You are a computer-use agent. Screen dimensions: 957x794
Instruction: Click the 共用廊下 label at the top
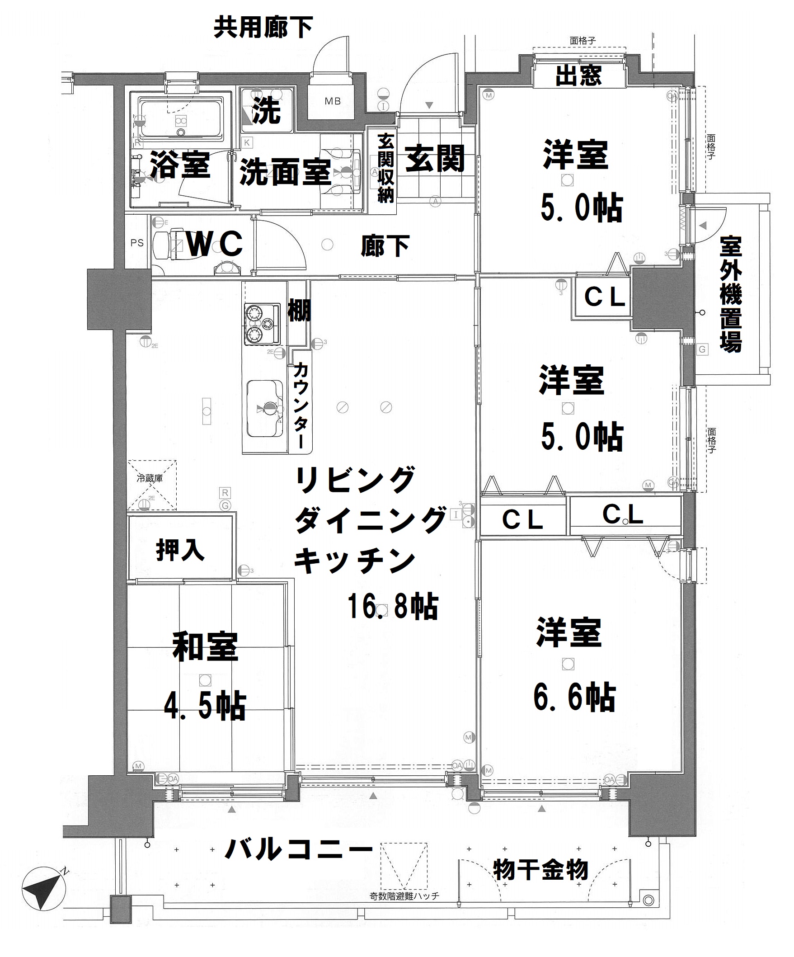(x=263, y=27)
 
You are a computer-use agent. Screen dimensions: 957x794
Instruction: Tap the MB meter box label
(x=332, y=101)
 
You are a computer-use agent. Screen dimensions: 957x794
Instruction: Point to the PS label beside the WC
(x=136, y=243)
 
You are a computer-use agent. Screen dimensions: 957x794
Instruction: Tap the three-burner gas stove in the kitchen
(x=262, y=324)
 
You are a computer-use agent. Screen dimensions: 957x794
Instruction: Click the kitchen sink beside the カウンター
(x=265, y=407)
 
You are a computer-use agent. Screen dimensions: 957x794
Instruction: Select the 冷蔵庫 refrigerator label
(x=150, y=478)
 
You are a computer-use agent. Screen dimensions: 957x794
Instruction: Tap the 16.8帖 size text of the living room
(x=393, y=606)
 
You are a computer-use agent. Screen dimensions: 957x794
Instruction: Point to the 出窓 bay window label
(x=578, y=75)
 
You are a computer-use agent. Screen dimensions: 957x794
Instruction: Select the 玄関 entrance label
(x=435, y=158)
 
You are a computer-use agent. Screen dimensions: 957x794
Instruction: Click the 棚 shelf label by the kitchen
(x=299, y=311)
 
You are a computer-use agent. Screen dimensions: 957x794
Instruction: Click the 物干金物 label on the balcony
(x=541, y=870)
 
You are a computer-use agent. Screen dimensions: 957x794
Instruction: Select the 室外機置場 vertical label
(x=731, y=294)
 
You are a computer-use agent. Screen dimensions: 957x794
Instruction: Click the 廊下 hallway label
(x=385, y=246)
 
